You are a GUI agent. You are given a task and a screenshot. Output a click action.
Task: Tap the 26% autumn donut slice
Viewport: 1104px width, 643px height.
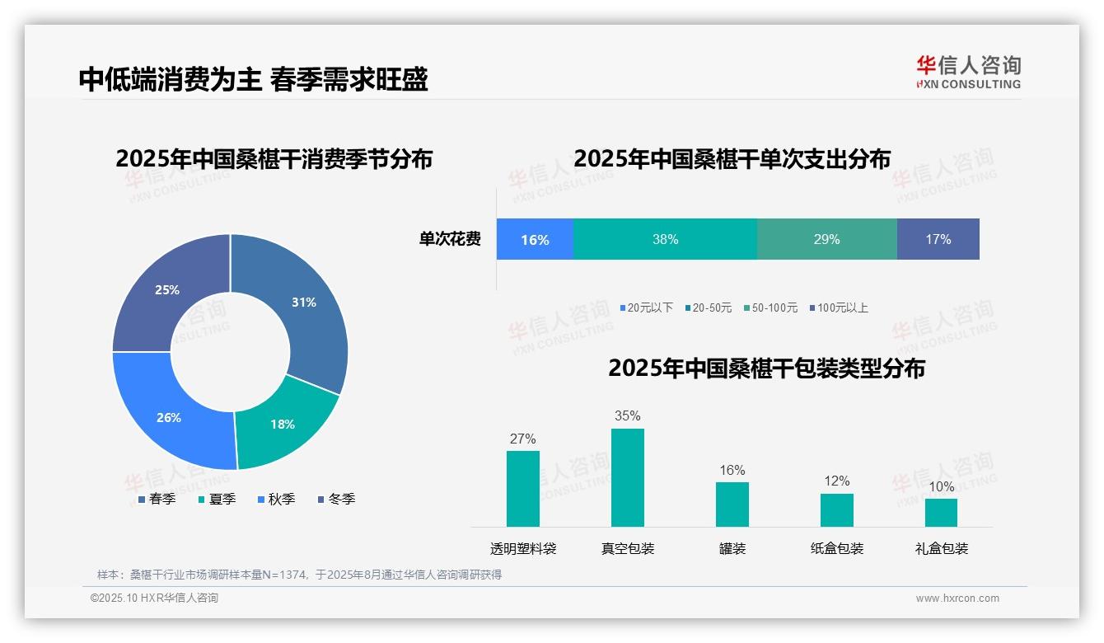(169, 417)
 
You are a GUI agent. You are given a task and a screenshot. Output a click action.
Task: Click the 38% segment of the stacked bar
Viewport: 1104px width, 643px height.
(665, 239)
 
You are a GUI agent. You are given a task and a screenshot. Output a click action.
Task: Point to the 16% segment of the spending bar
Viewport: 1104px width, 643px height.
(535, 239)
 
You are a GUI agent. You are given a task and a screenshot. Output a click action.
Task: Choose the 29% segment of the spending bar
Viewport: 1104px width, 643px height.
(826, 239)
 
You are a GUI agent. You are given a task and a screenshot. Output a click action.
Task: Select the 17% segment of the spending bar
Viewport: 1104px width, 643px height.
(938, 239)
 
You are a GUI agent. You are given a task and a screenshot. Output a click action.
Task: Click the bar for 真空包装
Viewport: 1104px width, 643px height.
(627, 477)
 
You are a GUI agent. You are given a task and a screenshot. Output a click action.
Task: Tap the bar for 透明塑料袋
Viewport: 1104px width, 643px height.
(522, 488)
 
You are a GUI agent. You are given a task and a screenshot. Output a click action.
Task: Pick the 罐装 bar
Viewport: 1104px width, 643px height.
(732, 504)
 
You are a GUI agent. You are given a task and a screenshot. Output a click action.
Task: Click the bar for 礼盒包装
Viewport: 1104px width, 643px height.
(941, 512)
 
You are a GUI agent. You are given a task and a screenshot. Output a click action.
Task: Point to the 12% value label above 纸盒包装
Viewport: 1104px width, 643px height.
(836, 481)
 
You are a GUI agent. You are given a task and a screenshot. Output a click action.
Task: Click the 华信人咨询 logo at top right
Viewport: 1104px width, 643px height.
(968, 71)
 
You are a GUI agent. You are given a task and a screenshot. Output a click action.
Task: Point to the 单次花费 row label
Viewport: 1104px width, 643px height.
(450, 239)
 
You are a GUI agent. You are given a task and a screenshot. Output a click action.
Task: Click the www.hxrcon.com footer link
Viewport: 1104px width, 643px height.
(957, 598)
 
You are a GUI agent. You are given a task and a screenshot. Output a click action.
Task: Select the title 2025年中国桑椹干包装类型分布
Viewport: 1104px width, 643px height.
(766, 368)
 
